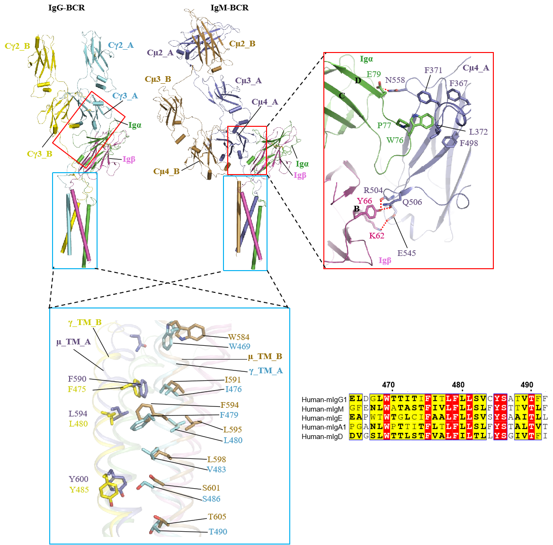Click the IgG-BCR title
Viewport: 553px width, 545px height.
67,8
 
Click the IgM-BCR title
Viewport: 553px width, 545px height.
230,8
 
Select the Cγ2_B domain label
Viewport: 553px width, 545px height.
18,46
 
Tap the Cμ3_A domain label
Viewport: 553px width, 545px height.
249,80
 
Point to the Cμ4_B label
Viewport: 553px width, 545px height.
167,171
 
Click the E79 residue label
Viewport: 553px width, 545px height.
374,74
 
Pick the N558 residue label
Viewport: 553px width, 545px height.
395,80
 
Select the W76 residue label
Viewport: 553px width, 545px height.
395,140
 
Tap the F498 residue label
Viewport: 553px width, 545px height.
469,143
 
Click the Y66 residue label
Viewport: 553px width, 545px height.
365,201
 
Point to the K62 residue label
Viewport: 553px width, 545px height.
377,236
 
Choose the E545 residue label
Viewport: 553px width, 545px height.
407,253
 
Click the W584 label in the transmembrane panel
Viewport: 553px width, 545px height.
239,337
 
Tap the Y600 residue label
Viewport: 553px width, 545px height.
79,479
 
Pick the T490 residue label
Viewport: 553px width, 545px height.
218,532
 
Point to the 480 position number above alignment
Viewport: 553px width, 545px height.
458,385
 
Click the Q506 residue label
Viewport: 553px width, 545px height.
412,202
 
